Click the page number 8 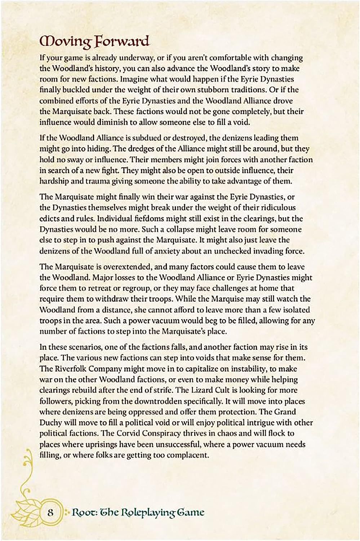50,513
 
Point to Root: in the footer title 84,513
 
